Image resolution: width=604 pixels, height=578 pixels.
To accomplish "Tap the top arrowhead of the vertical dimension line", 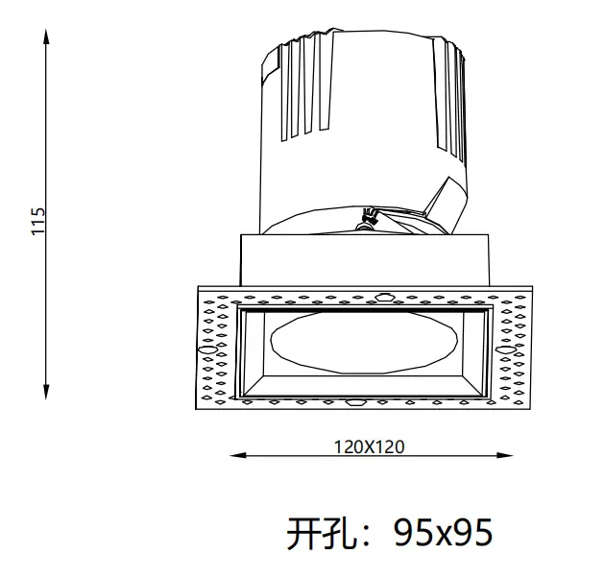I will pyautogui.click(x=46, y=35).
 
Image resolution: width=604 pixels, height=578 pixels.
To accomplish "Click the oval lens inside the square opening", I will pyautogui.click(x=365, y=341).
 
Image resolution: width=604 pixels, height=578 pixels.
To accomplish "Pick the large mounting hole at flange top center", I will pyautogui.click(x=384, y=296).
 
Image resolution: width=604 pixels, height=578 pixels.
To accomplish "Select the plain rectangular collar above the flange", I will pyautogui.click(x=365, y=259).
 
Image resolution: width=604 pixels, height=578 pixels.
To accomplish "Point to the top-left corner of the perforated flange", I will pyautogui.click(x=197, y=287).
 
